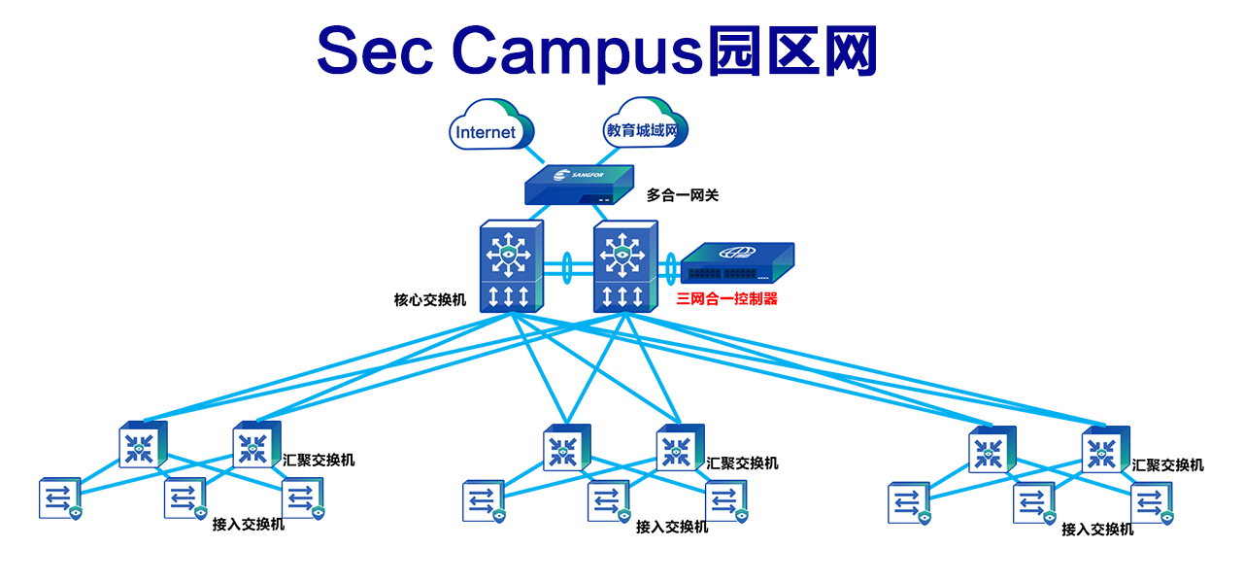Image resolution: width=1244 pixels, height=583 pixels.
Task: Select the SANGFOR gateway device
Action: pyautogui.click(x=578, y=185)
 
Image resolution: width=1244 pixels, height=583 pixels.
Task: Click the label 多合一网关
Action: pyautogui.click(x=683, y=195)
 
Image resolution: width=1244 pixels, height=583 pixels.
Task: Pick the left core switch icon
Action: pyautogui.click(x=511, y=266)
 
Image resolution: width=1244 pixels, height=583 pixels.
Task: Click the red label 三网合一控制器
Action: pyautogui.click(x=726, y=299)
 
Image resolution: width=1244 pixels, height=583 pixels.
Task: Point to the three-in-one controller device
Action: pyautogui.click(x=735, y=263)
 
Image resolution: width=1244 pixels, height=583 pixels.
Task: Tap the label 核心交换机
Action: pyautogui.click(x=429, y=300)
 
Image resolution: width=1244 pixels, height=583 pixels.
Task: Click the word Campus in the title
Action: pyautogui.click(x=577, y=51)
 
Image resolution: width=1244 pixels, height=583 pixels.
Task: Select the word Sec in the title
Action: pyautogui.click(x=374, y=51)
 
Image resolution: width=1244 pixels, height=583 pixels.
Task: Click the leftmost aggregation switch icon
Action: pyautogui.click(x=142, y=445)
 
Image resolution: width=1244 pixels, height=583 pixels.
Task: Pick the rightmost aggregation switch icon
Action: pyautogui.click(x=1104, y=450)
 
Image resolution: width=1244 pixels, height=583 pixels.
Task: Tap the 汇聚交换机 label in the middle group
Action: pyautogui.click(x=742, y=463)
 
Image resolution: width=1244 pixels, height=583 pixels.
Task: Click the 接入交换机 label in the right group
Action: pyautogui.click(x=1096, y=530)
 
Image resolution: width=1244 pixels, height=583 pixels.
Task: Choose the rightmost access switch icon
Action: pyautogui.click(x=1152, y=502)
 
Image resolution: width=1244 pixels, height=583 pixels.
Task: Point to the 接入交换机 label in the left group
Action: pyautogui.click(x=248, y=525)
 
